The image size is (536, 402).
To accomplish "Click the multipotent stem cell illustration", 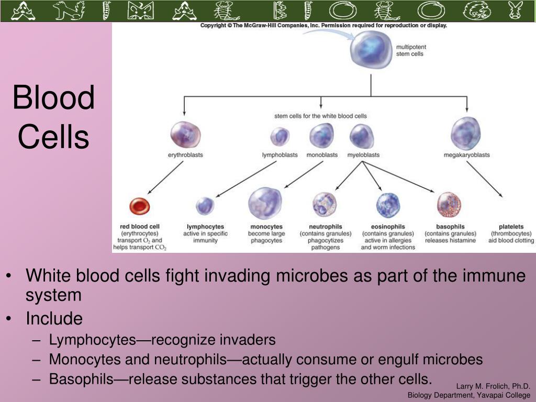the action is tap(371, 50).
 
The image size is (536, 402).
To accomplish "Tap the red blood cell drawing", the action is tap(139, 206).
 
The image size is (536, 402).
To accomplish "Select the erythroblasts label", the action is tap(185, 155).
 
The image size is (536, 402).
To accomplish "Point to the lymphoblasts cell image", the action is tap(280, 136).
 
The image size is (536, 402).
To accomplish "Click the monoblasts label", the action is tap(322, 155).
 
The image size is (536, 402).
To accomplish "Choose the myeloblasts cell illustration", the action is tap(362, 136).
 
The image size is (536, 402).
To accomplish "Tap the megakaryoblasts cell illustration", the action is tap(466, 133).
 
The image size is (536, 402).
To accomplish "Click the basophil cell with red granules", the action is tap(449, 205).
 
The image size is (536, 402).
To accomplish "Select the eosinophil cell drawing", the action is tap(388, 205).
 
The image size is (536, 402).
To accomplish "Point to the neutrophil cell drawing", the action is tap(325, 205).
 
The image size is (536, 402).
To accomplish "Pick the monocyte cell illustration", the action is tap(265, 203).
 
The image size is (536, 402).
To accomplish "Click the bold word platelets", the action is tap(511, 227).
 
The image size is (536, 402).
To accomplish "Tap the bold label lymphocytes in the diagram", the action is tap(205, 227).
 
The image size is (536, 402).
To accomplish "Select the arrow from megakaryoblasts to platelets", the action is tap(484, 180).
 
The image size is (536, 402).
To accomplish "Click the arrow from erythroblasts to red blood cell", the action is tap(165, 178).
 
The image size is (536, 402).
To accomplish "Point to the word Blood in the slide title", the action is tap(54, 97).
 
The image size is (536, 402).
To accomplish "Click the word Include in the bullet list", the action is tap(54, 318).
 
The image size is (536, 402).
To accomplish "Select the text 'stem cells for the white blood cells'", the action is tap(320, 116).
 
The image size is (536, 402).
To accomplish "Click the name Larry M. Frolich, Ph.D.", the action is tap(493, 386).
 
